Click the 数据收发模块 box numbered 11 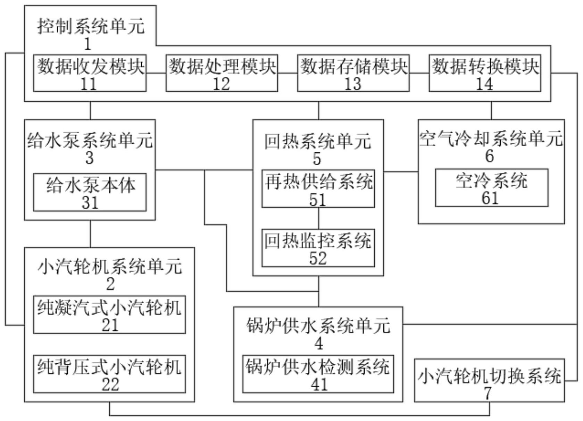[90, 73]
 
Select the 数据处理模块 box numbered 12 [222, 73]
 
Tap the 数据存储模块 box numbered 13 [353, 73]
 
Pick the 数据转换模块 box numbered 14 [485, 73]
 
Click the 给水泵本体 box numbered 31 [90, 192]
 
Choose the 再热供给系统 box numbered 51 [318, 189]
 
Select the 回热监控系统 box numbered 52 [318, 248]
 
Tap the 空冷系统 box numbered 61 [492, 188]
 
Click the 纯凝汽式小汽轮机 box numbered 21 [109, 315]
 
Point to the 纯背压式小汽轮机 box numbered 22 [109, 374]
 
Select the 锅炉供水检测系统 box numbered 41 [318, 374]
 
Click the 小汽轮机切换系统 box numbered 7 [490, 381]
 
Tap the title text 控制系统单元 [90, 27]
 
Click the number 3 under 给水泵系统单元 [90, 158]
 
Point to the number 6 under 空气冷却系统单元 [490, 156]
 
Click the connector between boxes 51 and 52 [319, 218]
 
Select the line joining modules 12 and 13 [288, 73]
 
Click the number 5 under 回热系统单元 [317, 159]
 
